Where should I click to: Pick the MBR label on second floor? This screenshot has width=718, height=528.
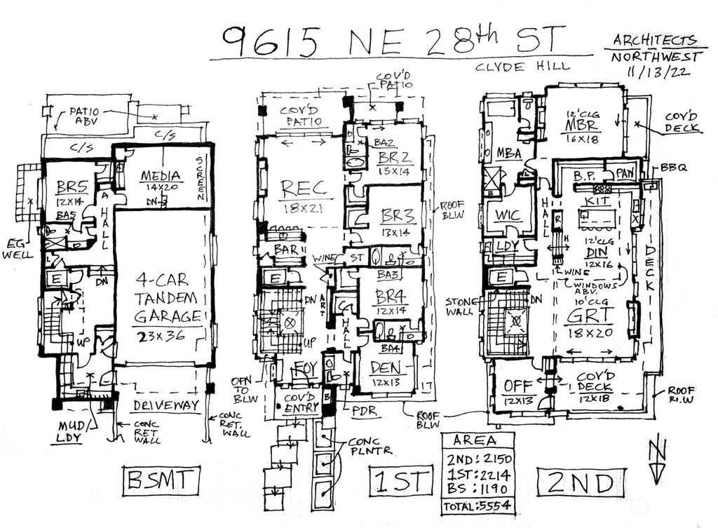[581, 125]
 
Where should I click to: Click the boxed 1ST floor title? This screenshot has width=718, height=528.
[399, 482]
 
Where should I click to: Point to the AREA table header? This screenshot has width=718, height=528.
[475, 441]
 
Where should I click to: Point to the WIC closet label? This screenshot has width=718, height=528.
[508, 215]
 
